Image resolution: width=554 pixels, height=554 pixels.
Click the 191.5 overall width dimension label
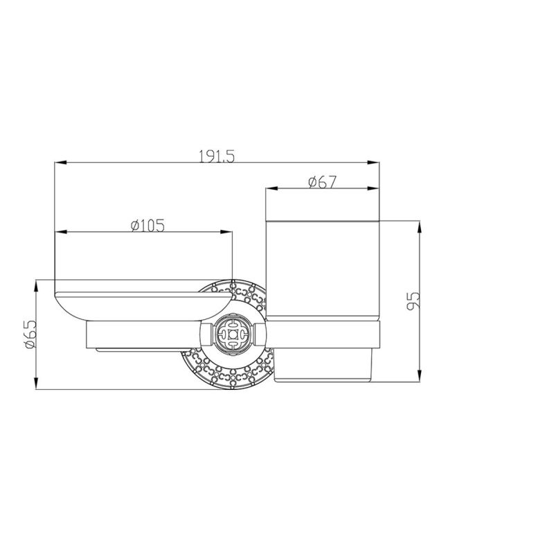pos(217,157)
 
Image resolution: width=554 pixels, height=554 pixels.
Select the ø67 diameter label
pos(322,182)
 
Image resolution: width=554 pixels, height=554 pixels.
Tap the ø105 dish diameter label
pos(148,226)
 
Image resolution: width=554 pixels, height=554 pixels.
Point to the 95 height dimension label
pos(413,301)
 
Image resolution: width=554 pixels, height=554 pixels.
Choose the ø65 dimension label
pos(30,334)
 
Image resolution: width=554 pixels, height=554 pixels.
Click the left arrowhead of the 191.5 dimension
pos(60,163)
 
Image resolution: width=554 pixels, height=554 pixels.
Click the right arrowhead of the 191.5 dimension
pos(373,163)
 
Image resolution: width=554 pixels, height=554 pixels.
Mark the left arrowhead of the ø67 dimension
pos(271,188)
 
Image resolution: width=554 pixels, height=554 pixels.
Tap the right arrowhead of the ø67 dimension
pos(373,188)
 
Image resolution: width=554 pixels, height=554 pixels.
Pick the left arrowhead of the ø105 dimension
pos(61,232)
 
